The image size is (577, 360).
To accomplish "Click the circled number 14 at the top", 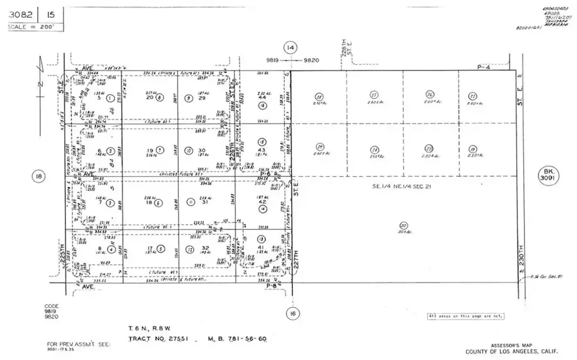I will coord(291,47).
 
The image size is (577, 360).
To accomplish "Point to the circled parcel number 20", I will coord(403,225).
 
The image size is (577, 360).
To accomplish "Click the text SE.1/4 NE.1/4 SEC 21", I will coord(405,186).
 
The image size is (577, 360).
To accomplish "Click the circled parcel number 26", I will coord(430,95).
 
